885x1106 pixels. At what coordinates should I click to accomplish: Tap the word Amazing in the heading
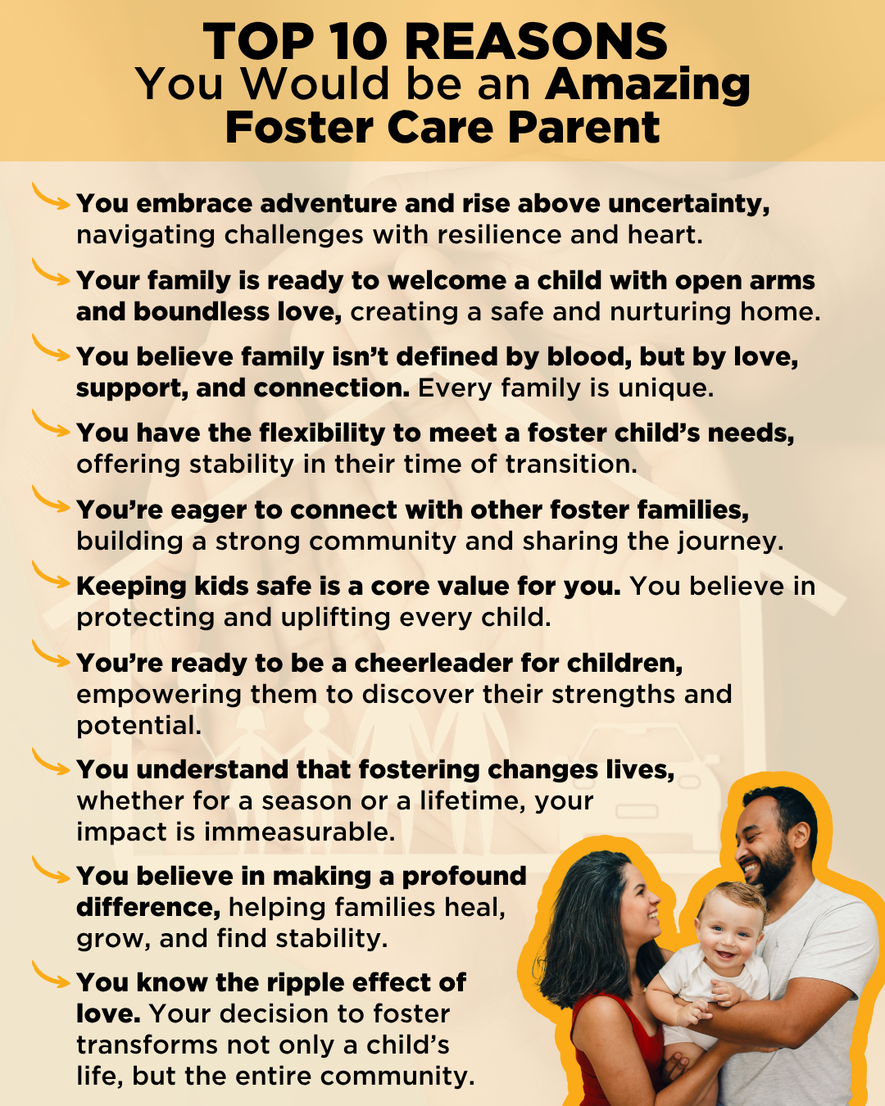click(647, 85)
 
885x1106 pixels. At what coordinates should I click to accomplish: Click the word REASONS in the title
click(536, 42)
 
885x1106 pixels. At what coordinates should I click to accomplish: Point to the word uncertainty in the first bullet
click(688, 204)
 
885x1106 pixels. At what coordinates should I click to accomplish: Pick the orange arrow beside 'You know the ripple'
click(50, 976)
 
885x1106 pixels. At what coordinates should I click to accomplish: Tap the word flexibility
click(322, 433)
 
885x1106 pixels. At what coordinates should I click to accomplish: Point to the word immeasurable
click(299, 832)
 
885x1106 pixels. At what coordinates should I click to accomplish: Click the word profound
click(464, 877)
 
